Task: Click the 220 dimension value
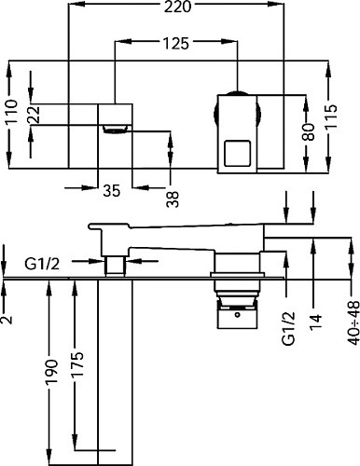(x=177, y=7)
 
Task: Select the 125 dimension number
(x=175, y=44)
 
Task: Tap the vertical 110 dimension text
(x=12, y=112)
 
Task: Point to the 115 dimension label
(x=330, y=116)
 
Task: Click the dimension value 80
(x=309, y=131)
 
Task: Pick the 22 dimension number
(x=35, y=115)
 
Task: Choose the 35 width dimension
(x=112, y=190)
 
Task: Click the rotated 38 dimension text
(x=173, y=199)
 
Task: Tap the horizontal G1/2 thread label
(x=42, y=265)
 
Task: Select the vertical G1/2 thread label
(x=288, y=329)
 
